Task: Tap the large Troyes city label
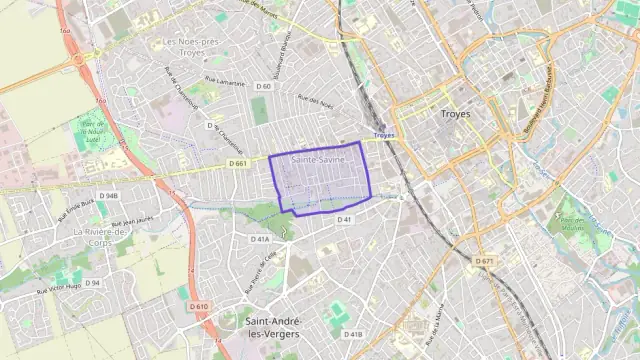[455, 115]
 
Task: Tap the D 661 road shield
[237, 163]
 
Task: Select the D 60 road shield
[264, 87]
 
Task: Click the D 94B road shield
[108, 196]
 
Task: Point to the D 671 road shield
[484, 262]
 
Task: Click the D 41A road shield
[260, 240]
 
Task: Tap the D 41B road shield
[353, 334]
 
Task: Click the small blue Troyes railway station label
[383, 135]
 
